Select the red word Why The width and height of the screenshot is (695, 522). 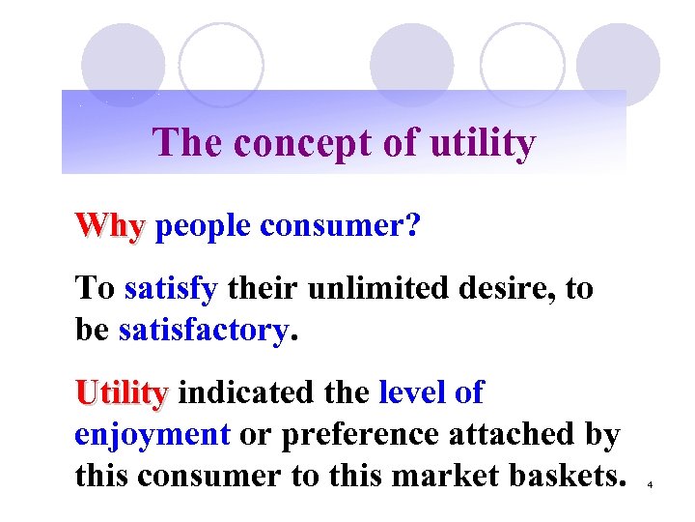[110, 227]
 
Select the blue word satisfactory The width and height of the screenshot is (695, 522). [203, 331]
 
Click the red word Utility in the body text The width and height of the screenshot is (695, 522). [122, 392]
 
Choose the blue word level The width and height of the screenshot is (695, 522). [410, 392]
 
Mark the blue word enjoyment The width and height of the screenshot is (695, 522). [153, 435]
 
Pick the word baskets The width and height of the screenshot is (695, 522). [565, 476]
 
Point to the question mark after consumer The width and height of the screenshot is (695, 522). [412, 227]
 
